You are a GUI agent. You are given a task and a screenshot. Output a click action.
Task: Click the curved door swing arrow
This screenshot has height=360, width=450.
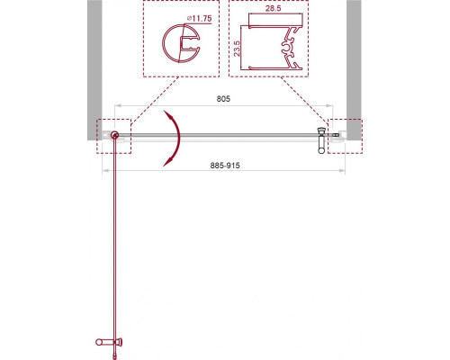pyautogui.click(x=176, y=138)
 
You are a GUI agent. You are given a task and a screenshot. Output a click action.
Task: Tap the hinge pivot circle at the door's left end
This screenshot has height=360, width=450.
pyautogui.click(x=115, y=135)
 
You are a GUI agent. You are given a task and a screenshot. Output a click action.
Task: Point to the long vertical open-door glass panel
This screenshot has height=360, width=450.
pyautogui.click(x=115, y=243)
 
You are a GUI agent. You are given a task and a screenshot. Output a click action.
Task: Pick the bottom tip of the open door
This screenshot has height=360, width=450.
pyautogui.click(x=115, y=353)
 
